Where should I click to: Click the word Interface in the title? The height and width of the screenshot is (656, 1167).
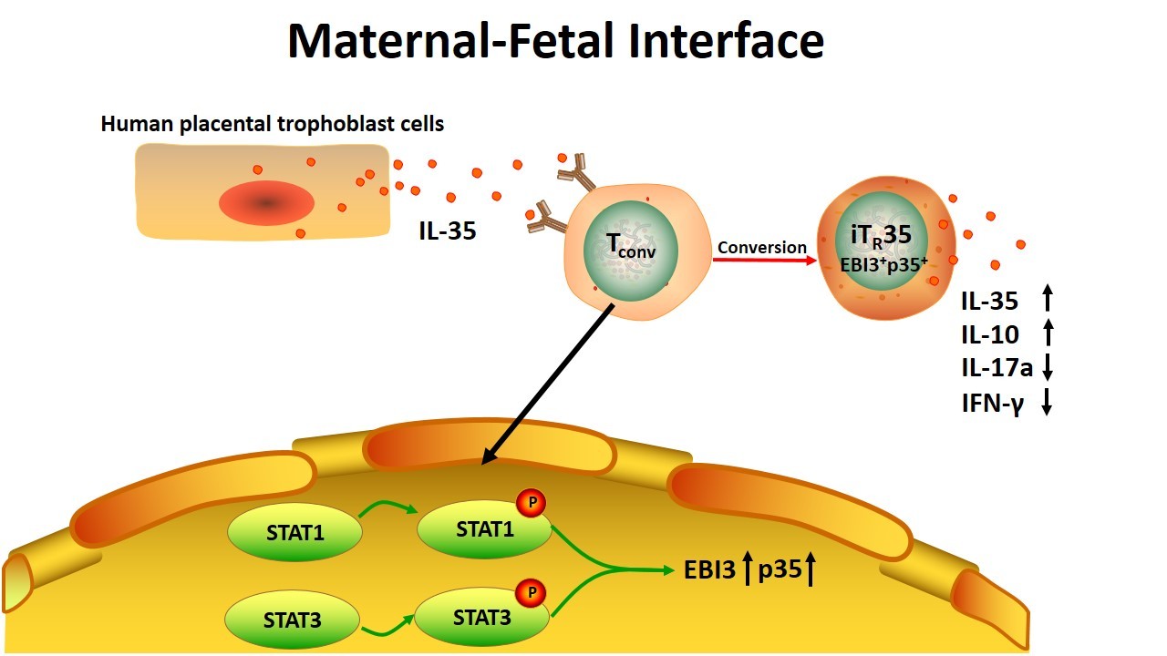click(x=726, y=41)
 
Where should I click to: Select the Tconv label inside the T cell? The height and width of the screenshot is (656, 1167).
click(x=631, y=246)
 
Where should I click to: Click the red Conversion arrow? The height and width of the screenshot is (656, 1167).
click(x=765, y=260)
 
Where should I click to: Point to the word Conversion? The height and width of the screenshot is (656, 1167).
click(x=761, y=247)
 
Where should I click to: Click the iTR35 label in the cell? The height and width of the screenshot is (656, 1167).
click(x=881, y=235)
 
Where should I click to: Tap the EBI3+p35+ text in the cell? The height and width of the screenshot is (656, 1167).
click(x=883, y=265)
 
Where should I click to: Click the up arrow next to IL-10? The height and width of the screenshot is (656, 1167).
click(x=1048, y=333)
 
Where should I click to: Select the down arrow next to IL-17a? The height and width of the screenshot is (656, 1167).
click(x=1048, y=367)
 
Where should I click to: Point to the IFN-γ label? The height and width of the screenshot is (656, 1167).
click(x=993, y=404)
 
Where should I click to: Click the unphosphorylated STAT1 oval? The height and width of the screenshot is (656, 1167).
click(x=294, y=532)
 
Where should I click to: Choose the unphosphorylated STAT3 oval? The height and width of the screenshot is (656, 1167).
click(x=293, y=620)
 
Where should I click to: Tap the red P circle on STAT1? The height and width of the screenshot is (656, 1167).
click(x=532, y=503)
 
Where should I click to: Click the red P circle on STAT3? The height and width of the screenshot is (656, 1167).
click(x=531, y=592)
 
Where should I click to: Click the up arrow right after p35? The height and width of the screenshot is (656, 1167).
click(x=811, y=569)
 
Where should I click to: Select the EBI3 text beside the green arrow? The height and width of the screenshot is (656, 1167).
click(x=709, y=570)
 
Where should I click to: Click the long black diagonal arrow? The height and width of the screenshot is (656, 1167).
click(x=548, y=384)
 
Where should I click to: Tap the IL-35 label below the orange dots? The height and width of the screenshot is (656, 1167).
click(x=448, y=231)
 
